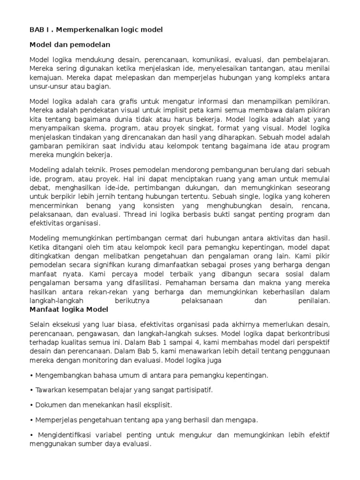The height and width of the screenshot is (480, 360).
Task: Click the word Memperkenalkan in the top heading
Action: coord(84,30)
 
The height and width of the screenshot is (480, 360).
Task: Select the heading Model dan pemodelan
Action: coord(70,45)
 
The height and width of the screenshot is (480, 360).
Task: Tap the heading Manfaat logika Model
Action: coord(69,309)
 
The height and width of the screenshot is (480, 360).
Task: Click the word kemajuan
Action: coord(44,78)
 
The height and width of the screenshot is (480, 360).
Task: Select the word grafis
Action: coord(132,101)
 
